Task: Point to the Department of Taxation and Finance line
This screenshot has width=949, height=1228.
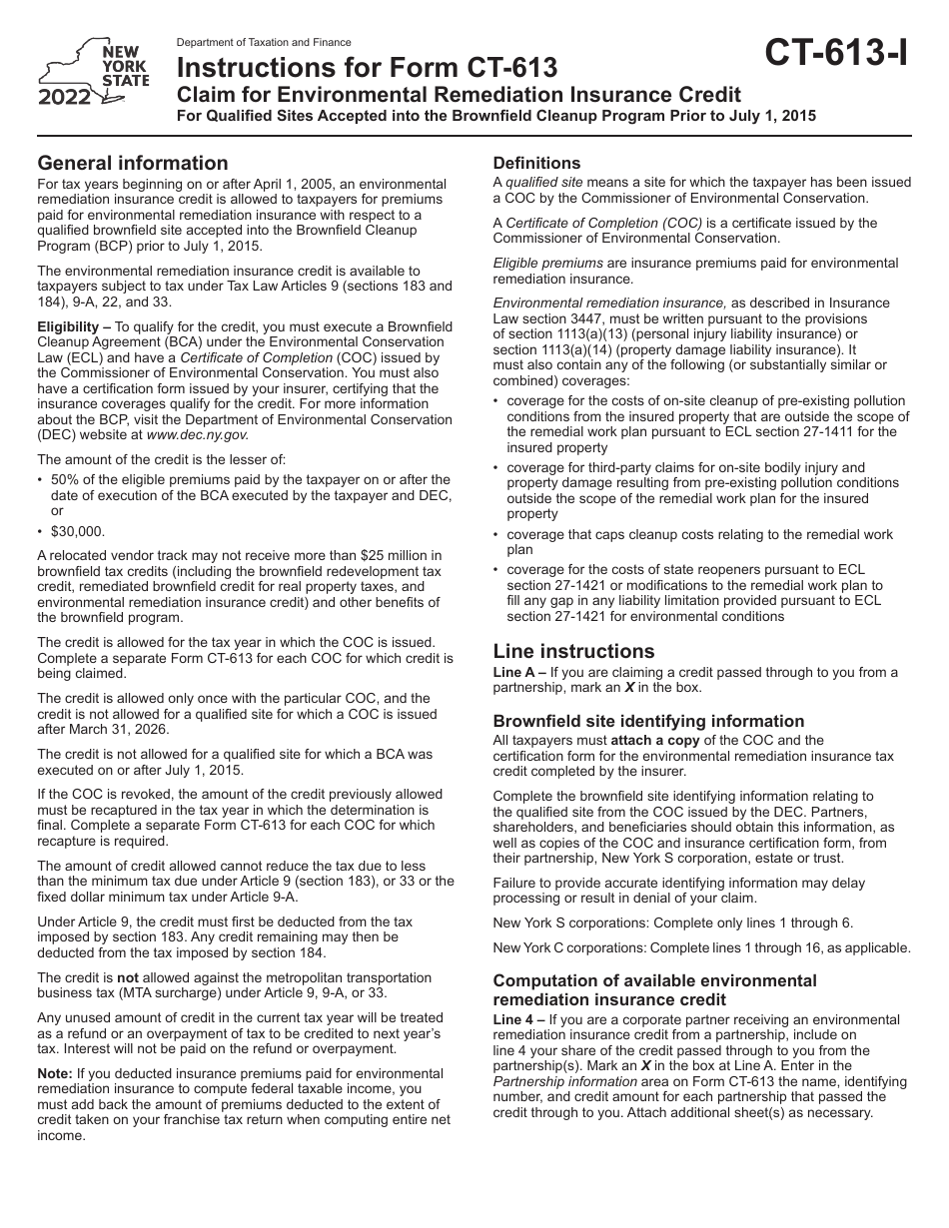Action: (x=264, y=43)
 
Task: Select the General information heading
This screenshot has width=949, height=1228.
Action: (x=133, y=163)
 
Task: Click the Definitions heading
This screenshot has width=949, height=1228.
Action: (x=536, y=163)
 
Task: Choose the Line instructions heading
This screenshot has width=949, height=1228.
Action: (x=573, y=651)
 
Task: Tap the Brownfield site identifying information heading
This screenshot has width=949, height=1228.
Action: (x=648, y=721)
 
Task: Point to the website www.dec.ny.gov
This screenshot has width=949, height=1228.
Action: (x=197, y=434)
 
